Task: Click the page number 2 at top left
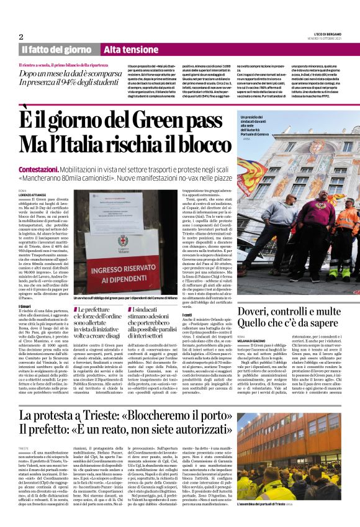click(21, 37)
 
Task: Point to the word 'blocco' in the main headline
click(200, 143)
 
